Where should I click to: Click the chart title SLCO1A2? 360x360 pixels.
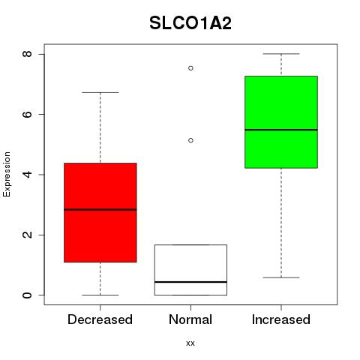tap(190, 23)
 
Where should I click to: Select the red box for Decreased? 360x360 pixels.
tap(100, 212)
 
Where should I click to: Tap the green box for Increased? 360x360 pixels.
tap(281, 122)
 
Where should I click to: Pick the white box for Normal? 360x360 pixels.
tap(190, 270)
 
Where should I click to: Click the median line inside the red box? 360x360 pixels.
tap(100, 209)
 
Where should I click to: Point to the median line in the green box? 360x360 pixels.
tap(281, 130)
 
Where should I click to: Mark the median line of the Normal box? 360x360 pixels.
tap(190, 282)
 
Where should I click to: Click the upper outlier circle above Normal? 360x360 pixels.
tap(190, 68)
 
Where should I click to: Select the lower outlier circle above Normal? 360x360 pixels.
tap(190, 140)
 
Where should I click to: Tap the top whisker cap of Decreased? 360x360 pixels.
tap(100, 92)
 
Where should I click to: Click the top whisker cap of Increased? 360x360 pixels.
tap(281, 54)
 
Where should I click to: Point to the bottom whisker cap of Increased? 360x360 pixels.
tap(281, 277)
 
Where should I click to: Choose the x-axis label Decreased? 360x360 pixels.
tap(100, 319)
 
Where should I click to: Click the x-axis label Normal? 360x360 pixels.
tap(190, 319)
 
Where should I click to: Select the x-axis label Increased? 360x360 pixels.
tap(281, 319)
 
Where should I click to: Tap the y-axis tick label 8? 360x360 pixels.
tap(27, 54)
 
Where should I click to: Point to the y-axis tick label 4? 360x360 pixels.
tap(27, 174)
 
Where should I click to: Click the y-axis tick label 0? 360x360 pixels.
tap(27, 295)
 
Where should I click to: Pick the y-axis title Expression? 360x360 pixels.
tap(7, 174)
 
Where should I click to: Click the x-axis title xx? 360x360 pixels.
tap(190, 343)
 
